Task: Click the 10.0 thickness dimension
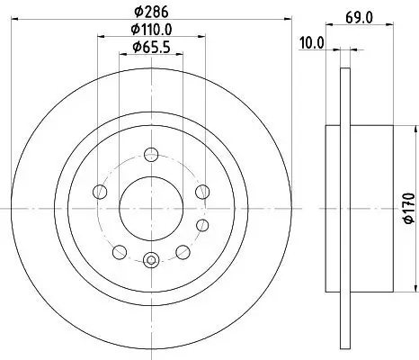313,42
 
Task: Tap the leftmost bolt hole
99,190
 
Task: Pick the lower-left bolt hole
120,251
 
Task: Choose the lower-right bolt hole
183,251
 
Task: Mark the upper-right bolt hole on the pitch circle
202,190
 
